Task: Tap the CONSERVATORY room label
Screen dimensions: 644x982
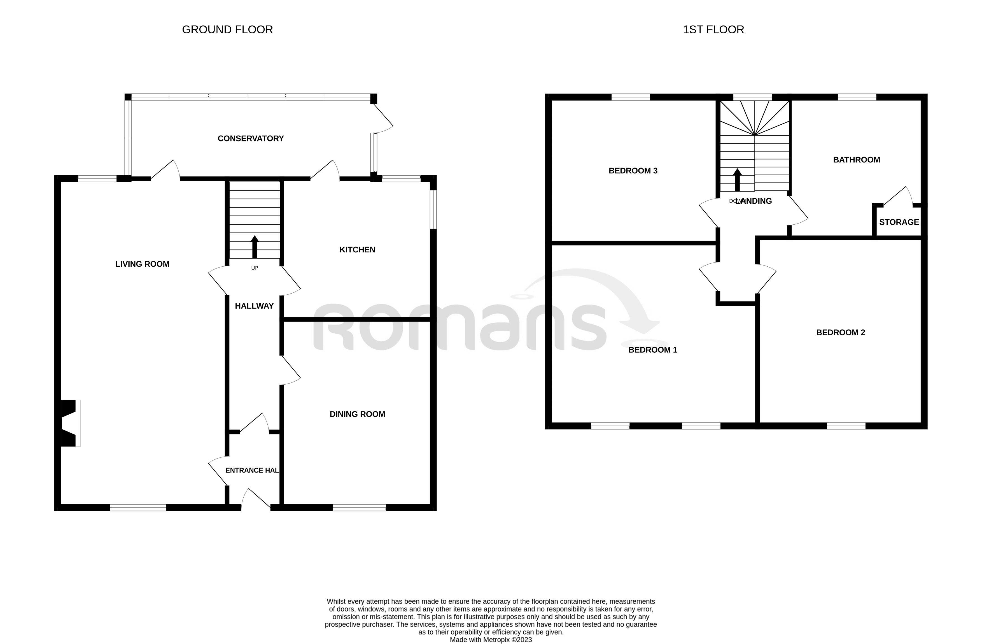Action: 250,139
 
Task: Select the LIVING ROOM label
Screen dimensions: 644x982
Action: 142,264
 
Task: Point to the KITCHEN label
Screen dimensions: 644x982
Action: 357,250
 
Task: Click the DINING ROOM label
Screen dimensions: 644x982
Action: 357,414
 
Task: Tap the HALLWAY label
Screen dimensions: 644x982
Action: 254,306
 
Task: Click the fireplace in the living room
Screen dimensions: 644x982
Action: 69,423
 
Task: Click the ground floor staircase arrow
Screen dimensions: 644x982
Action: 255,247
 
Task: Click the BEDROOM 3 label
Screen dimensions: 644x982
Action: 633,171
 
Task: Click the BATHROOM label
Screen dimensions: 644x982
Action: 856,160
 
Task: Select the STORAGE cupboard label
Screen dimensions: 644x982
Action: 899,222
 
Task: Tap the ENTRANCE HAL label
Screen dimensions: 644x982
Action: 252,470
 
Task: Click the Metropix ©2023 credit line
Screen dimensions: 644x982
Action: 491,640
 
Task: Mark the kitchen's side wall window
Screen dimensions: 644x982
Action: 433,209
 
